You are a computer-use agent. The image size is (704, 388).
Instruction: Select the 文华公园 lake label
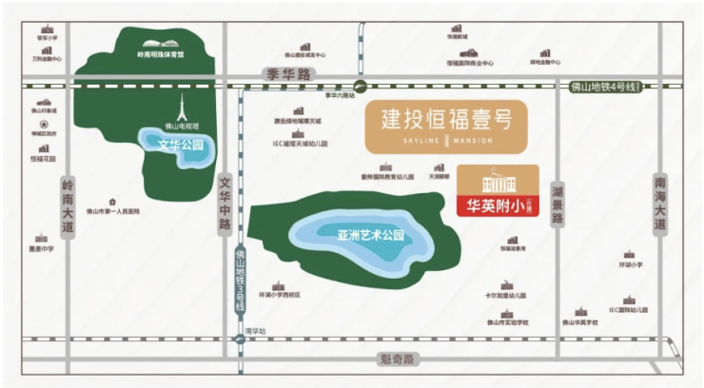click(x=182, y=145)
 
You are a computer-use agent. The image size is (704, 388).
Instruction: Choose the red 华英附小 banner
click(x=498, y=204)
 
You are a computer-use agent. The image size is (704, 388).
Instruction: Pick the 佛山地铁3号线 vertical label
click(x=240, y=280)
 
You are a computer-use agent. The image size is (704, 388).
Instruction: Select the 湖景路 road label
click(x=557, y=205)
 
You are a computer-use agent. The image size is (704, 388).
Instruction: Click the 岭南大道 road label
click(x=67, y=207)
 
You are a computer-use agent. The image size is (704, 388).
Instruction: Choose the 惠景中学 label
click(x=41, y=248)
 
